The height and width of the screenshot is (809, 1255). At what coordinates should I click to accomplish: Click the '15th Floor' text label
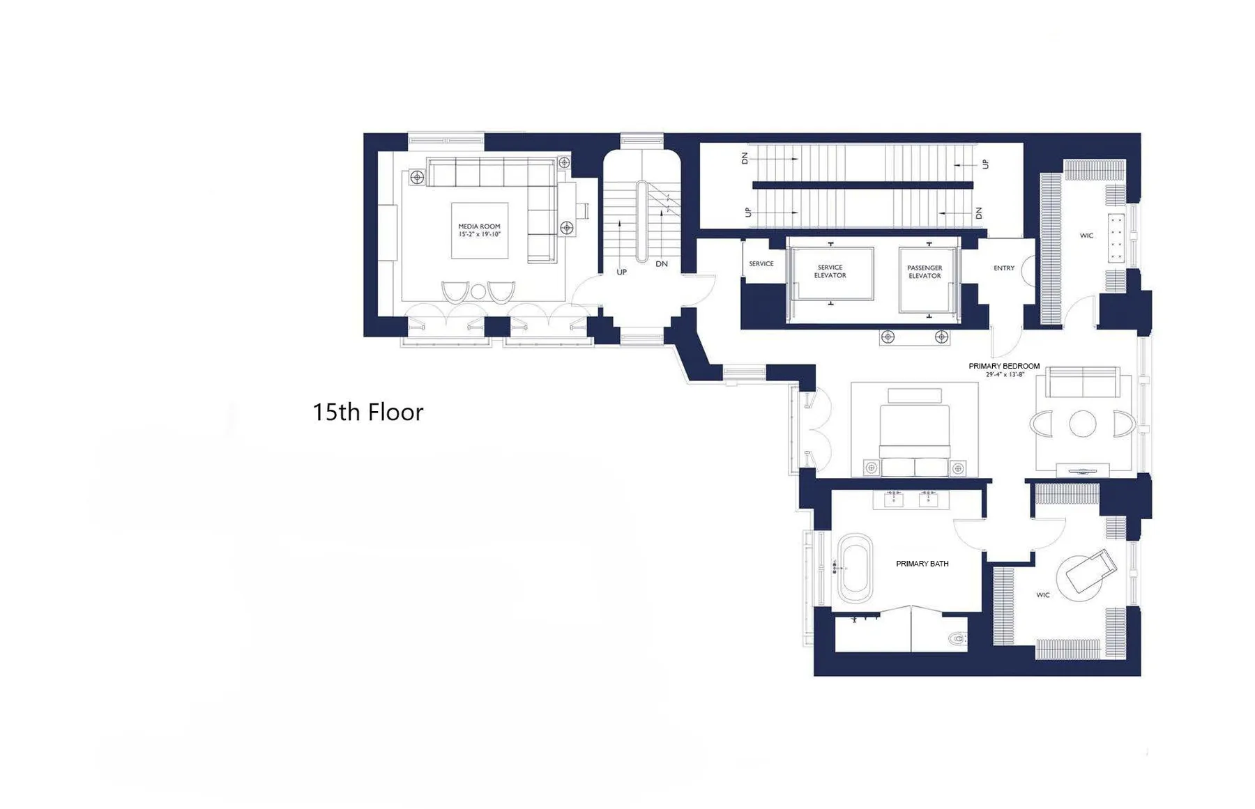(x=367, y=413)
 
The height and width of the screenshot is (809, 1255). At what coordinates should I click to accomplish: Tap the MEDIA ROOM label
(x=479, y=226)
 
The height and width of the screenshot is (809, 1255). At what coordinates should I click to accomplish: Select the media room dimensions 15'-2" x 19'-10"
(x=479, y=235)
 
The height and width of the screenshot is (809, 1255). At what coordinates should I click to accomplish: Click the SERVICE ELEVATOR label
(x=830, y=272)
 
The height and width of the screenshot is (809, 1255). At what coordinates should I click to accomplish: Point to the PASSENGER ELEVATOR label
(x=925, y=272)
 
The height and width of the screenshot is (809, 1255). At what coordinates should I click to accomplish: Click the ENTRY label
(x=1004, y=268)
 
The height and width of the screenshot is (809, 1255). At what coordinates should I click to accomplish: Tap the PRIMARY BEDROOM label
(x=1004, y=366)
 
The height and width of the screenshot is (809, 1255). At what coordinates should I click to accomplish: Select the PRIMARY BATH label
(x=922, y=564)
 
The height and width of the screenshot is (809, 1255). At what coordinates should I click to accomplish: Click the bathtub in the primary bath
(x=855, y=569)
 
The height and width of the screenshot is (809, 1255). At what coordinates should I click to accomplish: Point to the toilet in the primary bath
(x=957, y=638)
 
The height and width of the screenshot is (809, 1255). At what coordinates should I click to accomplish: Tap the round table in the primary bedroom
(x=1083, y=424)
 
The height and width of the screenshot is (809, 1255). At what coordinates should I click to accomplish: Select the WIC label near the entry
(x=1086, y=236)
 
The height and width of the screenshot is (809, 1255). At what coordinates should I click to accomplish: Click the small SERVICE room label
(x=761, y=264)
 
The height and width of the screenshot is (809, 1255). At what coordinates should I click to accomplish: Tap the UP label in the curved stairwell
(x=621, y=272)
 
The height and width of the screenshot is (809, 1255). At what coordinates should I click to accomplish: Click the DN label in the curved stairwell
(x=662, y=264)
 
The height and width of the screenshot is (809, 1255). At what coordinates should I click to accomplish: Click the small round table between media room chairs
(x=478, y=292)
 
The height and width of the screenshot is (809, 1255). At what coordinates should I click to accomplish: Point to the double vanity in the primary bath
(x=911, y=499)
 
